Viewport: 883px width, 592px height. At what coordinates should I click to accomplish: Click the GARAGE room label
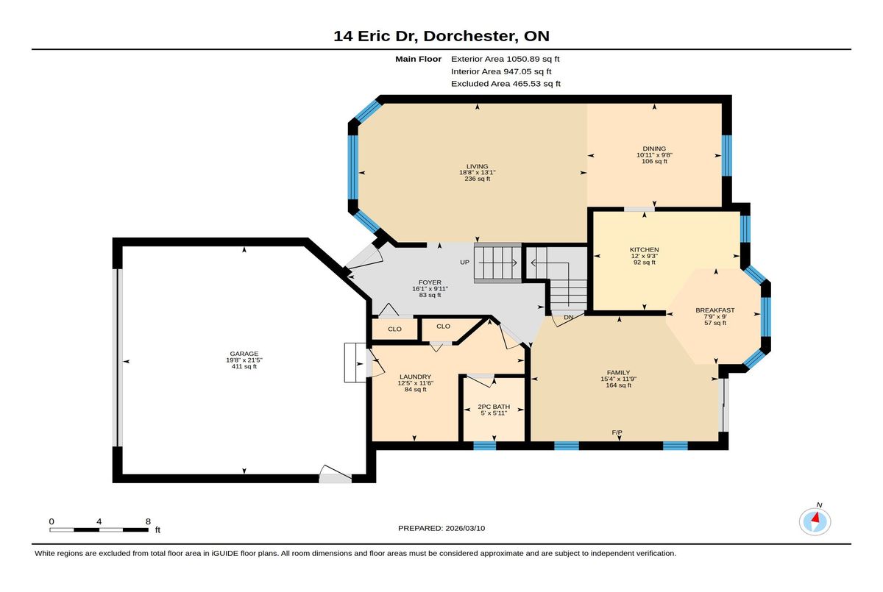[x=244, y=354]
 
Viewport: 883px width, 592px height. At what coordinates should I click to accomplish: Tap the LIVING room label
[x=477, y=166]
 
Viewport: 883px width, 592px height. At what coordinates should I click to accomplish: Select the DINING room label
[x=654, y=149]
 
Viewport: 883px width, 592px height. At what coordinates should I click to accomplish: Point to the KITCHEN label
[x=644, y=250]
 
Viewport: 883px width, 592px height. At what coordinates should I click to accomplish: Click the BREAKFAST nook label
[x=715, y=310]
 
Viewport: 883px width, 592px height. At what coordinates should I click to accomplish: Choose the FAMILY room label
[x=619, y=373]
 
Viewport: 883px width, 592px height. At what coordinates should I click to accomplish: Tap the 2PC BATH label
[x=494, y=407]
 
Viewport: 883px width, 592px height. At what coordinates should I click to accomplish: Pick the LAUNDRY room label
[x=416, y=377]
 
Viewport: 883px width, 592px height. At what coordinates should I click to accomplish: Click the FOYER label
[x=430, y=282]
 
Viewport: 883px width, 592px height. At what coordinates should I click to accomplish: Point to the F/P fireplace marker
[x=617, y=432]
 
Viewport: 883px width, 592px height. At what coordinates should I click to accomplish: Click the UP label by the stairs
[x=465, y=263]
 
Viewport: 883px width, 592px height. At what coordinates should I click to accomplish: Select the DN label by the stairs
[x=568, y=318]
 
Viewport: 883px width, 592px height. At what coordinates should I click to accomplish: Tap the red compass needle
[x=815, y=517]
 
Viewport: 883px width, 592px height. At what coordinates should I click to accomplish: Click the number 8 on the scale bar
[x=148, y=521]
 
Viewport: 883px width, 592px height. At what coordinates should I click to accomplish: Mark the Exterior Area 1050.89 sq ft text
[x=505, y=59]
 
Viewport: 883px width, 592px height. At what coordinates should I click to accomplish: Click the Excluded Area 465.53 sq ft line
[x=506, y=84]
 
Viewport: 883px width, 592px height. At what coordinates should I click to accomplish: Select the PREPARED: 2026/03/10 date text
[x=441, y=528]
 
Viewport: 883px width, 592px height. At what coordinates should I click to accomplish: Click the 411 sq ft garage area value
[x=244, y=366]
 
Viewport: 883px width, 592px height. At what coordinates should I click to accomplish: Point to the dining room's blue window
[x=726, y=156]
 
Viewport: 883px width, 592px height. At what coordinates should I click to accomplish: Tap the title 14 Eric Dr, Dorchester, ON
[x=441, y=36]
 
